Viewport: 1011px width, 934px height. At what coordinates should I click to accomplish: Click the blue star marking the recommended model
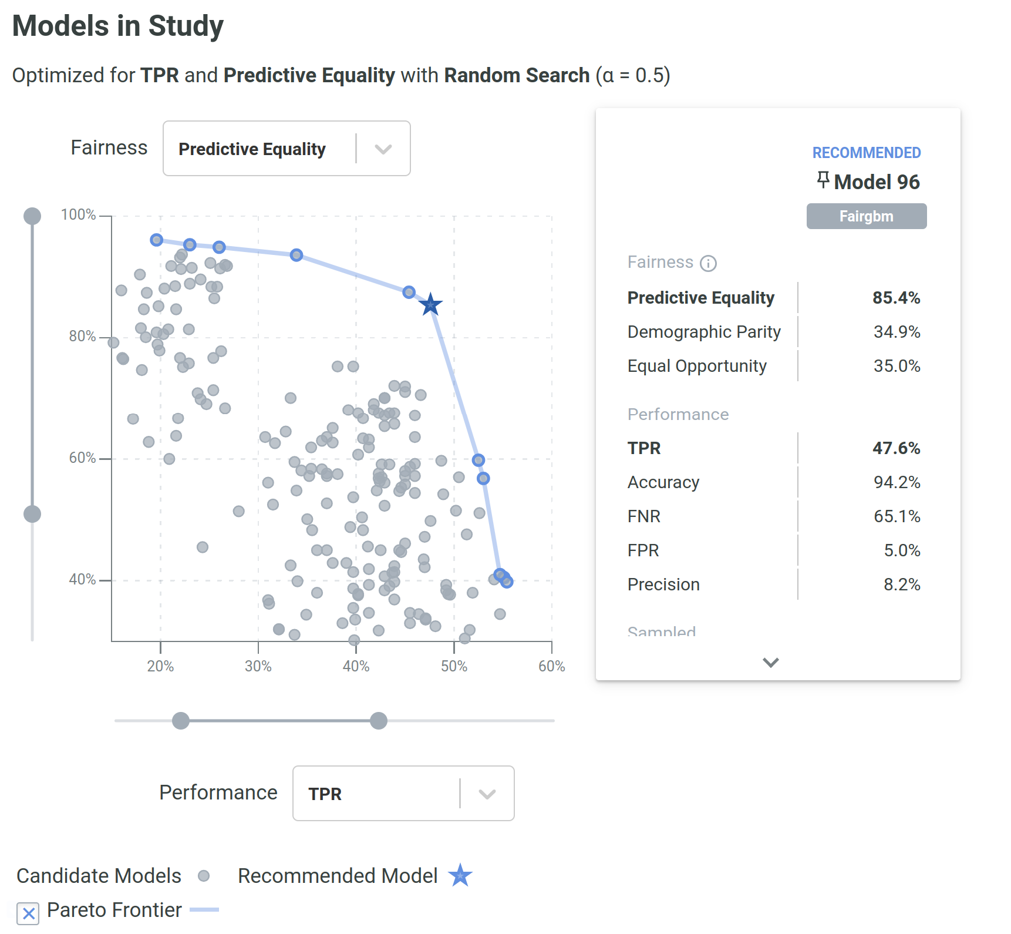[x=430, y=304]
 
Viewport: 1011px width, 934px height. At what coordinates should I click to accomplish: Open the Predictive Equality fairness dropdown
[x=287, y=149]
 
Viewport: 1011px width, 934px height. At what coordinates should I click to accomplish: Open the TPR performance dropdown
[x=403, y=794]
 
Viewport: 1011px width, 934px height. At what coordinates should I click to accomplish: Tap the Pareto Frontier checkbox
[x=28, y=913]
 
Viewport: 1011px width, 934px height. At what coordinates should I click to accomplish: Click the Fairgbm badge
[x=866, y=216]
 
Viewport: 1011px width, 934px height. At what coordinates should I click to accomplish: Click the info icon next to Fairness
[x=709, y=263]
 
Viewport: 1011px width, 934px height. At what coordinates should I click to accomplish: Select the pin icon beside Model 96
[x=823, y=180]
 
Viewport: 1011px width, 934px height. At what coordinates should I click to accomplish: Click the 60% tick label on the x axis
[x=551, y=666]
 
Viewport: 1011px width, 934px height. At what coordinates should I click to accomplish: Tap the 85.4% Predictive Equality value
[x=896, y=298]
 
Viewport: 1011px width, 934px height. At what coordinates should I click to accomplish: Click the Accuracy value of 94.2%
[x=897, y=482]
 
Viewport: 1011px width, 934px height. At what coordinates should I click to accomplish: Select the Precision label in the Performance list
[x=663, y=584]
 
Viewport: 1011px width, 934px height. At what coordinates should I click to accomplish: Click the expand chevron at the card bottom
[x=770, y=663]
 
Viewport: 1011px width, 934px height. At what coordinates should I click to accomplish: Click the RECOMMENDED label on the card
[x=866, y=153]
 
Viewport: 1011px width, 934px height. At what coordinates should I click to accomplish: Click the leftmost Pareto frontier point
[x=156, y=240]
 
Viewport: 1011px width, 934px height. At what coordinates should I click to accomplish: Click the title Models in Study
[x=118, y=26]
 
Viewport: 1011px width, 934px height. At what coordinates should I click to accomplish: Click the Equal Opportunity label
[x=697, y=366]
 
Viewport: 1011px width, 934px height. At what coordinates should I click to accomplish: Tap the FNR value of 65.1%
[x=897, y=516]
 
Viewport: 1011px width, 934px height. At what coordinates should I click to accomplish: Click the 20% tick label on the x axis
[x=160, y=666]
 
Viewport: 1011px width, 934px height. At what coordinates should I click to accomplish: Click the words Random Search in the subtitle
[x=517, y=75]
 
